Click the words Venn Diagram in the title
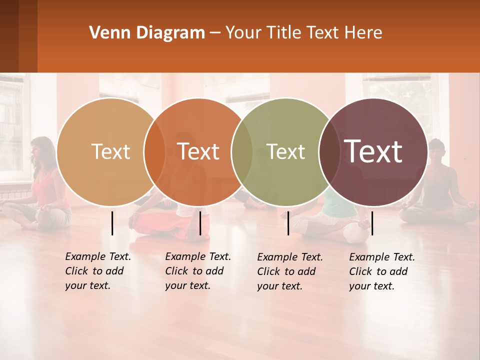[147, 33]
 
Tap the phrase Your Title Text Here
[303, 33]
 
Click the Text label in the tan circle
[111, 151]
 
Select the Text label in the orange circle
[198, 151]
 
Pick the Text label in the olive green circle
[285, 151]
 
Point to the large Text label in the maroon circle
[373, 151]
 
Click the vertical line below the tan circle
[112, 223]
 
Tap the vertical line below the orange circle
[200, 223]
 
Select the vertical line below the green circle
[288, 223]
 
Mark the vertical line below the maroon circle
[372, 223]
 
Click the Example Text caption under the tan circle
[98, 271]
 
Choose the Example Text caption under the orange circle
[198, 271]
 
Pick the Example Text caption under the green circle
[290, 271]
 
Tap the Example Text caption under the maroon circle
[382, 271]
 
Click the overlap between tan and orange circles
[154, 152]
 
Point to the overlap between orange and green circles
[242, 152]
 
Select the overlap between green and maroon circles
[329, 152]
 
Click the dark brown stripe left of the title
[18, 36]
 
